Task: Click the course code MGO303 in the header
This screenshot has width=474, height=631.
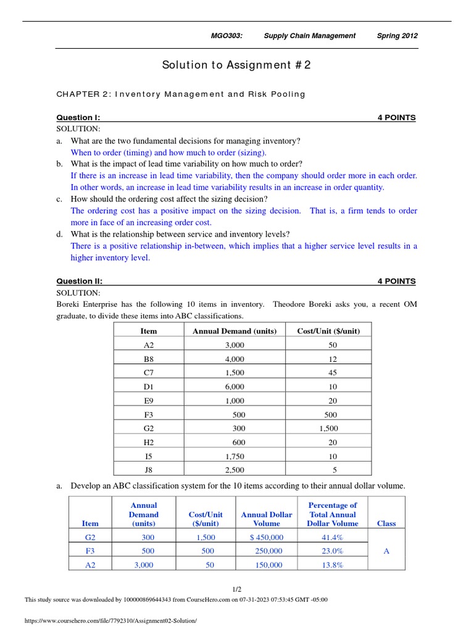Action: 227,36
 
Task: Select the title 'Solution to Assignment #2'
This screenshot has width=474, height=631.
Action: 236,65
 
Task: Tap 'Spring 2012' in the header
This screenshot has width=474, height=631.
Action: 397,36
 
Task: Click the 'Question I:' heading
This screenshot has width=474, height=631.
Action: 78,117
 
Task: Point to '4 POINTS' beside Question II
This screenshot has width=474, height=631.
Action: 396,281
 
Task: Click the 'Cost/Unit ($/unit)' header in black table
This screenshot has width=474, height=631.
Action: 328,331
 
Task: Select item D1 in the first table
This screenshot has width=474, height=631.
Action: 149,386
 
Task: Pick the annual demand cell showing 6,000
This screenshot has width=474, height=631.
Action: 235,386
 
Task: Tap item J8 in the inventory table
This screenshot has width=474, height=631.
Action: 149,470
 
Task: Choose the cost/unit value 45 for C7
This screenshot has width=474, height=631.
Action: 333,373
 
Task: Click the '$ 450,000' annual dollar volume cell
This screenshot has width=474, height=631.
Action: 266,537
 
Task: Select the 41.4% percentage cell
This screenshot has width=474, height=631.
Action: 333,537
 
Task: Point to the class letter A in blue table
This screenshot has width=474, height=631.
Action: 386,551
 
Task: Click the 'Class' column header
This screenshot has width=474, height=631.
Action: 386,523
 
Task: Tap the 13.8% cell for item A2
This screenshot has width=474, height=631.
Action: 333,564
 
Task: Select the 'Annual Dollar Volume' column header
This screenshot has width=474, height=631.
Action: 267,519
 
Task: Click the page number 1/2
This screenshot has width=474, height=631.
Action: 237,589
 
